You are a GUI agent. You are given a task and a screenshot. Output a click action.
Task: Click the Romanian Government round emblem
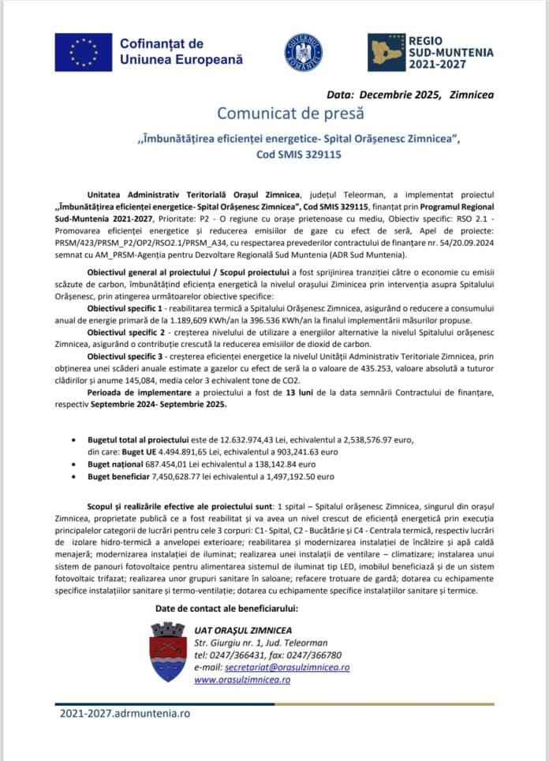click(303, 53)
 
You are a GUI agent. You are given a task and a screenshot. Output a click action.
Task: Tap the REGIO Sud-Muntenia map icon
click(387, 52)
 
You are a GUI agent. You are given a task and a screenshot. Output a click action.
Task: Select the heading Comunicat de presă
click(297, 114)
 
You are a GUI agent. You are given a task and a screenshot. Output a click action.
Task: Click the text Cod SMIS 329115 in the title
click(298, 155)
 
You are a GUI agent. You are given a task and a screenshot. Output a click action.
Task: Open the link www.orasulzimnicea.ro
click(242, 679)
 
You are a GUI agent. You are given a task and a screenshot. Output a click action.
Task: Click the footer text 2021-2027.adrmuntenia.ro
click(125, 713)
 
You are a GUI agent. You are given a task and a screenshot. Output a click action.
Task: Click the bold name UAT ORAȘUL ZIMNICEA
click(243, 630)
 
